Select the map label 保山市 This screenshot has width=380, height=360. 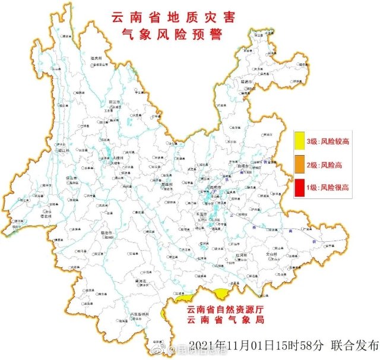72,178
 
